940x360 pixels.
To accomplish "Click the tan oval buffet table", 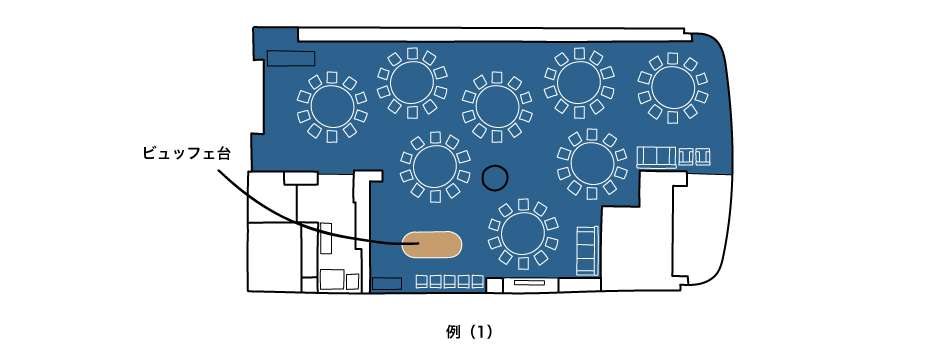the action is (431, 244).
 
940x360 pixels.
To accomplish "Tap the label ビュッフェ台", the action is (186, 153).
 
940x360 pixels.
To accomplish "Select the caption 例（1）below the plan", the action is (469, 332).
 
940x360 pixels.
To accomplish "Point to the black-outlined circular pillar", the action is (495, 178).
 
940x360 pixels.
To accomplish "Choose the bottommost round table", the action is (523, 234).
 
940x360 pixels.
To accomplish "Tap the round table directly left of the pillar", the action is (435, 167).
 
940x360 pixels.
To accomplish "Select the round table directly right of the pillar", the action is (592, 164).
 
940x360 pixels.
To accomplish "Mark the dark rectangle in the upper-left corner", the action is (291, 59).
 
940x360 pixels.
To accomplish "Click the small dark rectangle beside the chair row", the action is (387, 284).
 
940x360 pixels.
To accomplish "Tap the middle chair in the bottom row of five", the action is (450, 281).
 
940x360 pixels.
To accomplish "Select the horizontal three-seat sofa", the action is (656, 157).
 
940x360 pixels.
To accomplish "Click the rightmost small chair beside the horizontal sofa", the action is (703, 157).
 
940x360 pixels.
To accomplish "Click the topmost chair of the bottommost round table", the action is (523, 204).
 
